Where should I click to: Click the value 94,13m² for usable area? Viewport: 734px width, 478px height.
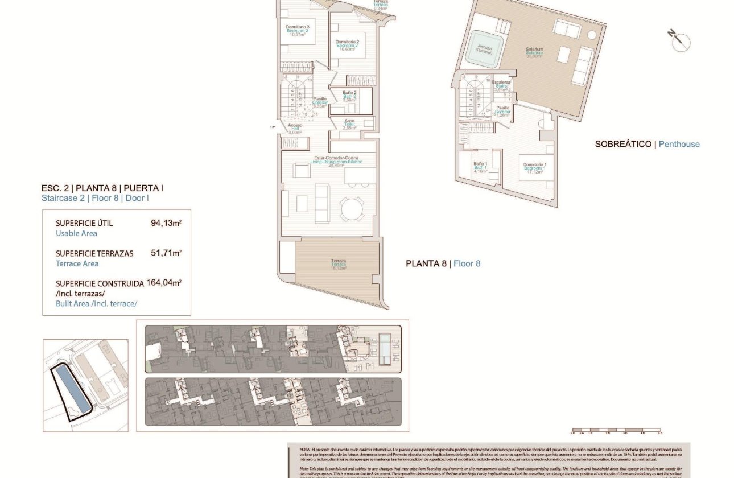(x=166, y=223)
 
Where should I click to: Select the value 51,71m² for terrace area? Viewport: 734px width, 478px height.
(x=166, y=253)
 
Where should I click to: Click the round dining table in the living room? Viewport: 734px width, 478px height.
(x=352, y=209)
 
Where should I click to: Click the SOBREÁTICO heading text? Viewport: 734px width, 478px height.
(x=623, y=145)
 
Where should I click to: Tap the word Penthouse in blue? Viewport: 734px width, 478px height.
(x=679, y=145)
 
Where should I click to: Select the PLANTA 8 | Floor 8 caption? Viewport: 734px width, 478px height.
(x=443, y=263)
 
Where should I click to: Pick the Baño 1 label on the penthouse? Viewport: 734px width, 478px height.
(x=480, y=166)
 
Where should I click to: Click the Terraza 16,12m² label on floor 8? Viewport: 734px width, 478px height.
(x=339, y=263)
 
